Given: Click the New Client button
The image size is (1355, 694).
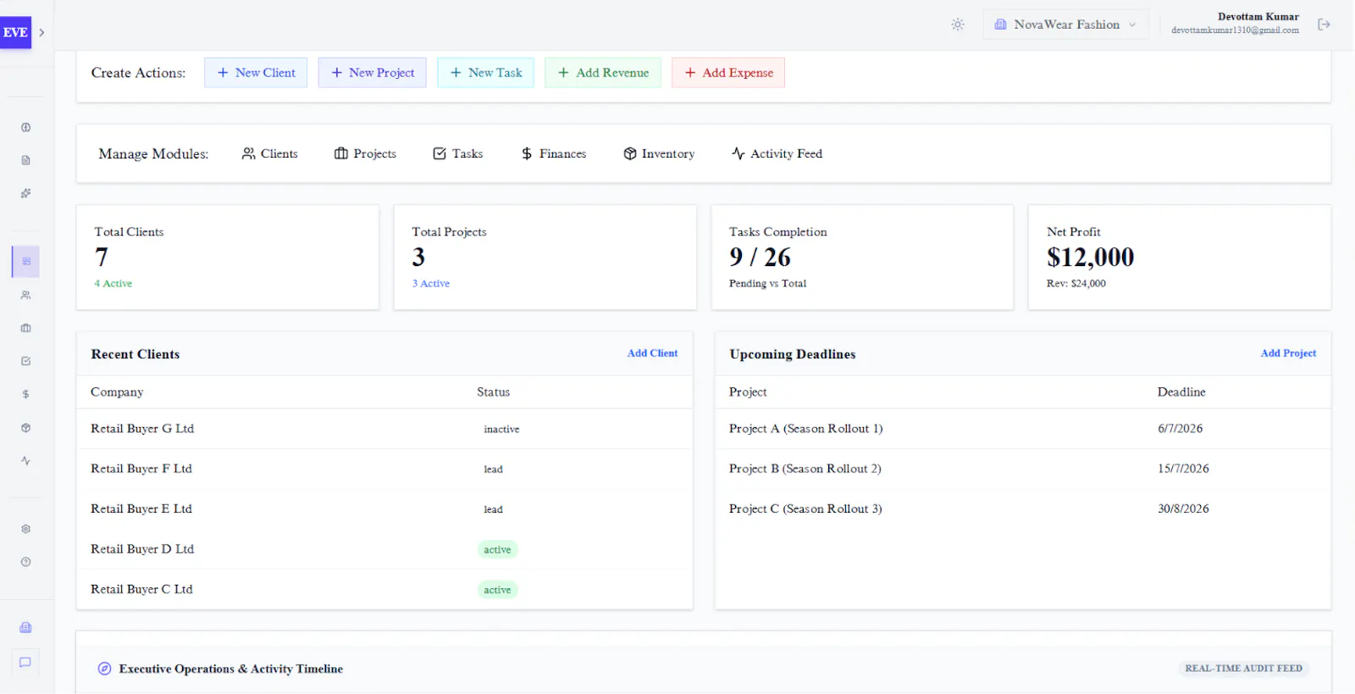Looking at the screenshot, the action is [255, 73].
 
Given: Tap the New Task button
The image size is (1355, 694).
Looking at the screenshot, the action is [486, 73].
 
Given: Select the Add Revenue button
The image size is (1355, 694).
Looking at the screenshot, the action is [602, 73].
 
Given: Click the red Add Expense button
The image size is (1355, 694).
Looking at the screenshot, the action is [728, 73].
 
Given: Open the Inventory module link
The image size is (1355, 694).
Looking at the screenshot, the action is [659, 153].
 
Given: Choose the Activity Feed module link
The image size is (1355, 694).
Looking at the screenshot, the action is [777, 153].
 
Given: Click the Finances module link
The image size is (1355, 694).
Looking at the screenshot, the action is [553, 153].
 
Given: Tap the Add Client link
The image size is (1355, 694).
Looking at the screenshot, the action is [652, 353].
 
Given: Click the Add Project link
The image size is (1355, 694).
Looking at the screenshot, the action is [1288, 353].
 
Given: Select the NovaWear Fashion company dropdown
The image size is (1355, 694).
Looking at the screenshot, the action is [1066, 25].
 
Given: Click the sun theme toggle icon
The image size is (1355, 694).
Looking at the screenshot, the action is [957, 25].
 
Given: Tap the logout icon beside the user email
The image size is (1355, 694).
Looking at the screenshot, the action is [1324, 25].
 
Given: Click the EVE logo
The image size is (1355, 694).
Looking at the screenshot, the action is [15, 32].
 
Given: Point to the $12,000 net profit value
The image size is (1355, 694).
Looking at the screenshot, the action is [1090, 257].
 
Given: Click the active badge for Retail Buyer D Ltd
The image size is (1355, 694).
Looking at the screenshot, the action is [497, 549].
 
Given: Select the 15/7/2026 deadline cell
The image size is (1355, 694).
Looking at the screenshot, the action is [1183, 469].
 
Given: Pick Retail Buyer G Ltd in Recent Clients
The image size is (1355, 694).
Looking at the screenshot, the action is [142, 429].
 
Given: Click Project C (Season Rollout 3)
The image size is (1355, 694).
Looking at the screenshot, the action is [805, 509].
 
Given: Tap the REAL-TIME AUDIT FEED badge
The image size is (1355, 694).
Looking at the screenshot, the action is [1243, 669].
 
